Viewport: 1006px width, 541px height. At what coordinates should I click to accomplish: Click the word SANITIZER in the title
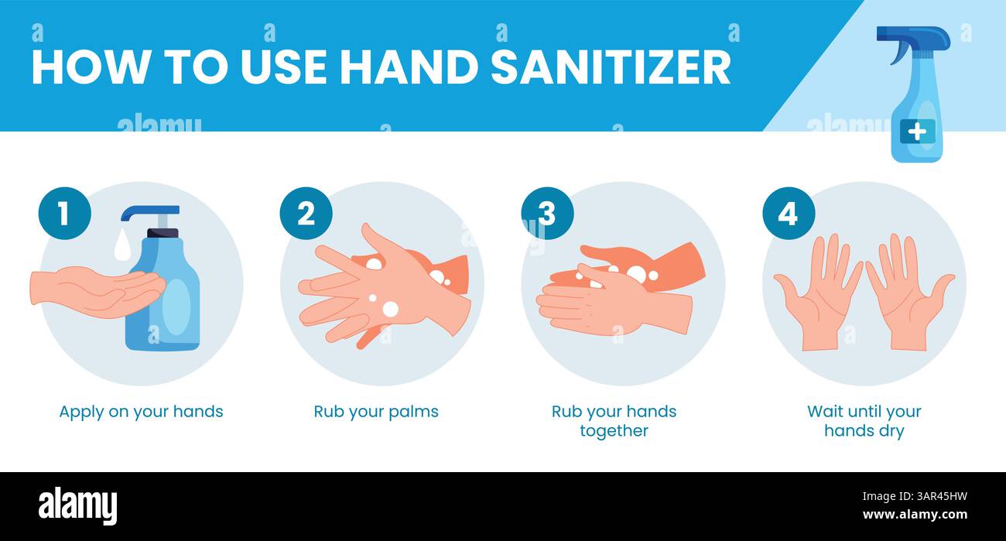click(x=611, y=67)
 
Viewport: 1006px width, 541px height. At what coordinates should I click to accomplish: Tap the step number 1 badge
click(x=64, y=214)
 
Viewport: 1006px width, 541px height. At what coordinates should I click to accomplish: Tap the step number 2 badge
click(x=306, y=214)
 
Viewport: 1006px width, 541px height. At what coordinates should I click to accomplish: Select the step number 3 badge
click(x=547, y=214)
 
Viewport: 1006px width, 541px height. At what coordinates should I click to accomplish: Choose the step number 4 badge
click(x=788, y=214)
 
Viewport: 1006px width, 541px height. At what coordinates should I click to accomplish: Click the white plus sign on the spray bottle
click(x=916, y=132)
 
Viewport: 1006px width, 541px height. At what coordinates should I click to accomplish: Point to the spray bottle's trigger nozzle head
click(x=913, y=37)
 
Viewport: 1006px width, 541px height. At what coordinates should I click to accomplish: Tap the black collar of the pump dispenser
click(x=163, y=232)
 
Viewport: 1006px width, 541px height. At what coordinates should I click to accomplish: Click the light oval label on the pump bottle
click(x=176, y=306)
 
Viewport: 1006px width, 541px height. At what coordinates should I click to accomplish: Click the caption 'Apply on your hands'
click(x=141, y=412)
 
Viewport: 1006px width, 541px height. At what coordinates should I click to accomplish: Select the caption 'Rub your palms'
click(x=375, y=412)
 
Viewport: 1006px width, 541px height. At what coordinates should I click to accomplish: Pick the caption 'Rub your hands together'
click(x=614, y=420)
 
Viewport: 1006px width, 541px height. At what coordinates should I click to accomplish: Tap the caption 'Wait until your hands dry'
click(x=864, y=420)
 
